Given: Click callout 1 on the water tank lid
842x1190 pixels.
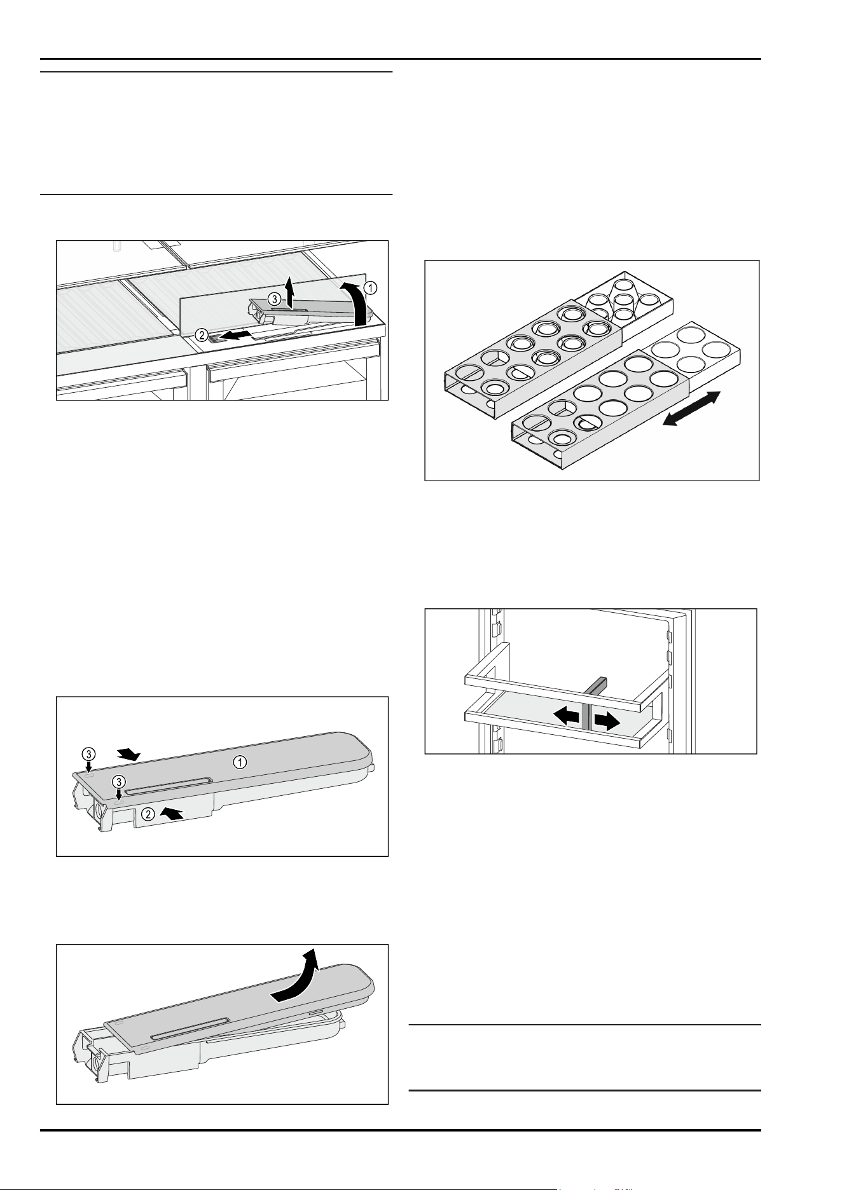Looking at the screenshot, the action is click(x=240, y=762).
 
